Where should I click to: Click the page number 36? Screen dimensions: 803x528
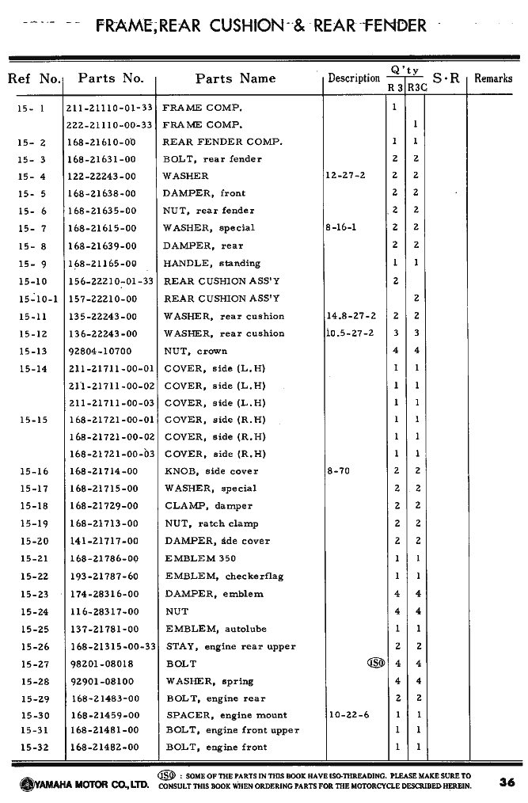507,782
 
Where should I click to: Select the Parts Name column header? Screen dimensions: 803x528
235,78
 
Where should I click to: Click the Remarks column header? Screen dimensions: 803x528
493,78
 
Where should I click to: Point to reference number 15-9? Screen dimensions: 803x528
32,264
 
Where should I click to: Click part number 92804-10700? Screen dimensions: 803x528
101,351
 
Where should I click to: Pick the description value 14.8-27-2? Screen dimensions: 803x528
351,316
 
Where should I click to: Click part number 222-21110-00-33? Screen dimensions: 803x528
109,124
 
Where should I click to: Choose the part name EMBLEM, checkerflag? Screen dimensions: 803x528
224,577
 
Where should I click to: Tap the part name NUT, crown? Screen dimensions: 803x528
195,351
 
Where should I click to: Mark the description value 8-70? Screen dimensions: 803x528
338,471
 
